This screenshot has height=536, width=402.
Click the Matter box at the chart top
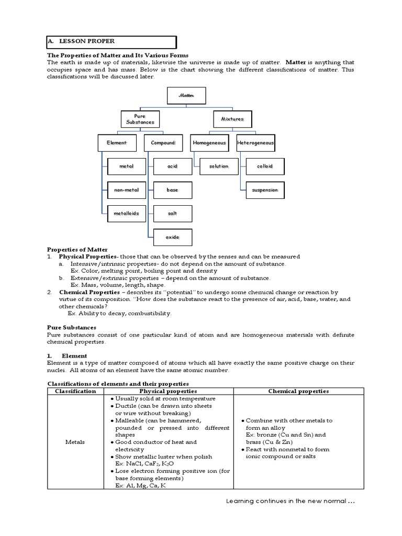click(186, 96)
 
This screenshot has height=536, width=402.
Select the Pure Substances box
click(140, 119)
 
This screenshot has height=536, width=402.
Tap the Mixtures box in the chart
click(232, 119)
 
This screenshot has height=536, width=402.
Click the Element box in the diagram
click(117, 142)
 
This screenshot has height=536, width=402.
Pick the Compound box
click(163, 142)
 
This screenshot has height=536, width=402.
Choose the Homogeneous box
click(209, 142)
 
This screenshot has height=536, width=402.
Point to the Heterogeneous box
click(255, 142)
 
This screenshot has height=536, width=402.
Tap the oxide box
click(172, 237)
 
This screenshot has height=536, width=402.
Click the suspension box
click(265, 189)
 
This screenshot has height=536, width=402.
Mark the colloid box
click(265, 166)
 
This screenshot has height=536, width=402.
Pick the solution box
click(218, 166)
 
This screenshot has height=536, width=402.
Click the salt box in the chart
click(172, 213)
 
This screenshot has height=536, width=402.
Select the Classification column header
click(75, 391)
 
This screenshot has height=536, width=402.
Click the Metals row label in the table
click(75, 442)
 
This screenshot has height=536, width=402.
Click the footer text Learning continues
click(291, 501)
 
